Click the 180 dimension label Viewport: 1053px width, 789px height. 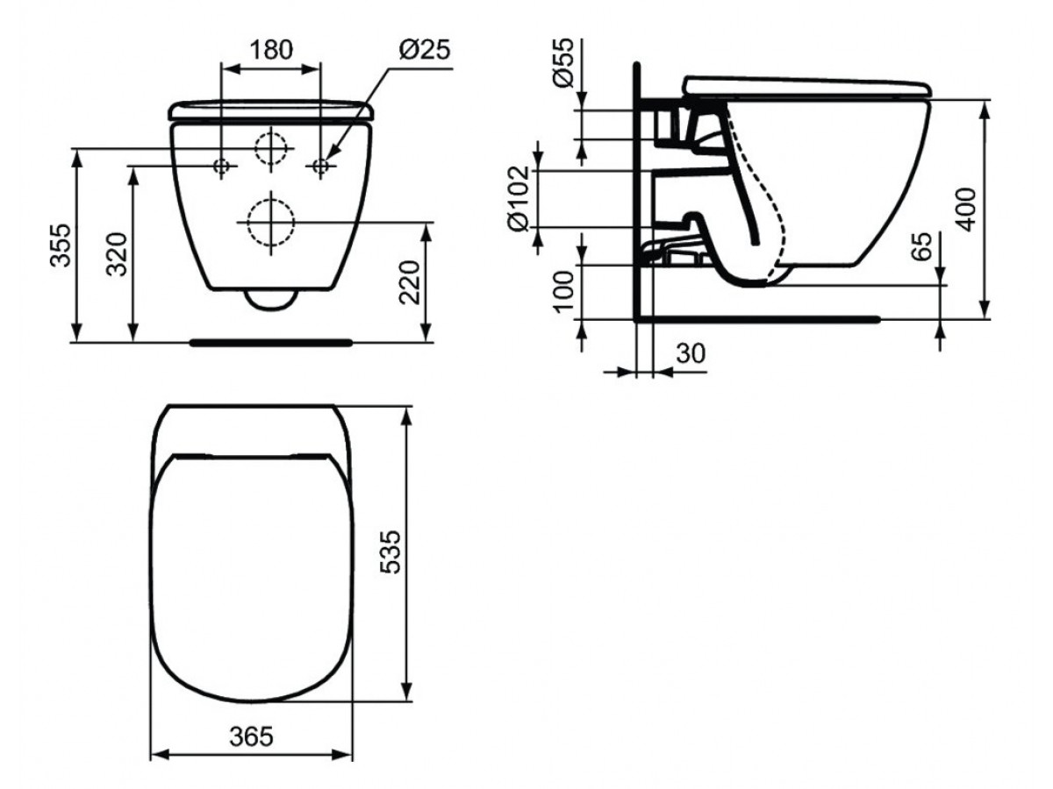(271, 50)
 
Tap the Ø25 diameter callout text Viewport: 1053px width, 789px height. (425, 49)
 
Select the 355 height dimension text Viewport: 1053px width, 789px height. (61, 245)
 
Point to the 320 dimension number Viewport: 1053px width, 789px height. (117, 254)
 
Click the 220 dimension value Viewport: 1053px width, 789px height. (410, 282)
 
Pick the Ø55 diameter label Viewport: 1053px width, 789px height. (563, 63)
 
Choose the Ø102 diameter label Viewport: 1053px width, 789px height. (519, 199)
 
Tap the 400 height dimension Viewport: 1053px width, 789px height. (966, 210)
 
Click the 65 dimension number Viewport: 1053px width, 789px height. (921, 246)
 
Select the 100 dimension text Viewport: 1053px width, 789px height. (563, 292)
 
